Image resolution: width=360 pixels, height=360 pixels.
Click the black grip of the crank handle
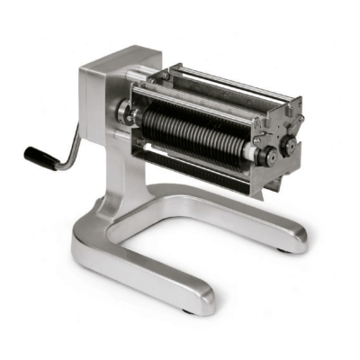click(40, 157)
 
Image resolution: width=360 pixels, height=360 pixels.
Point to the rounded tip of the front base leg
click(200, 297)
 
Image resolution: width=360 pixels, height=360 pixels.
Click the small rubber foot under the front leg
click(187, 310)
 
